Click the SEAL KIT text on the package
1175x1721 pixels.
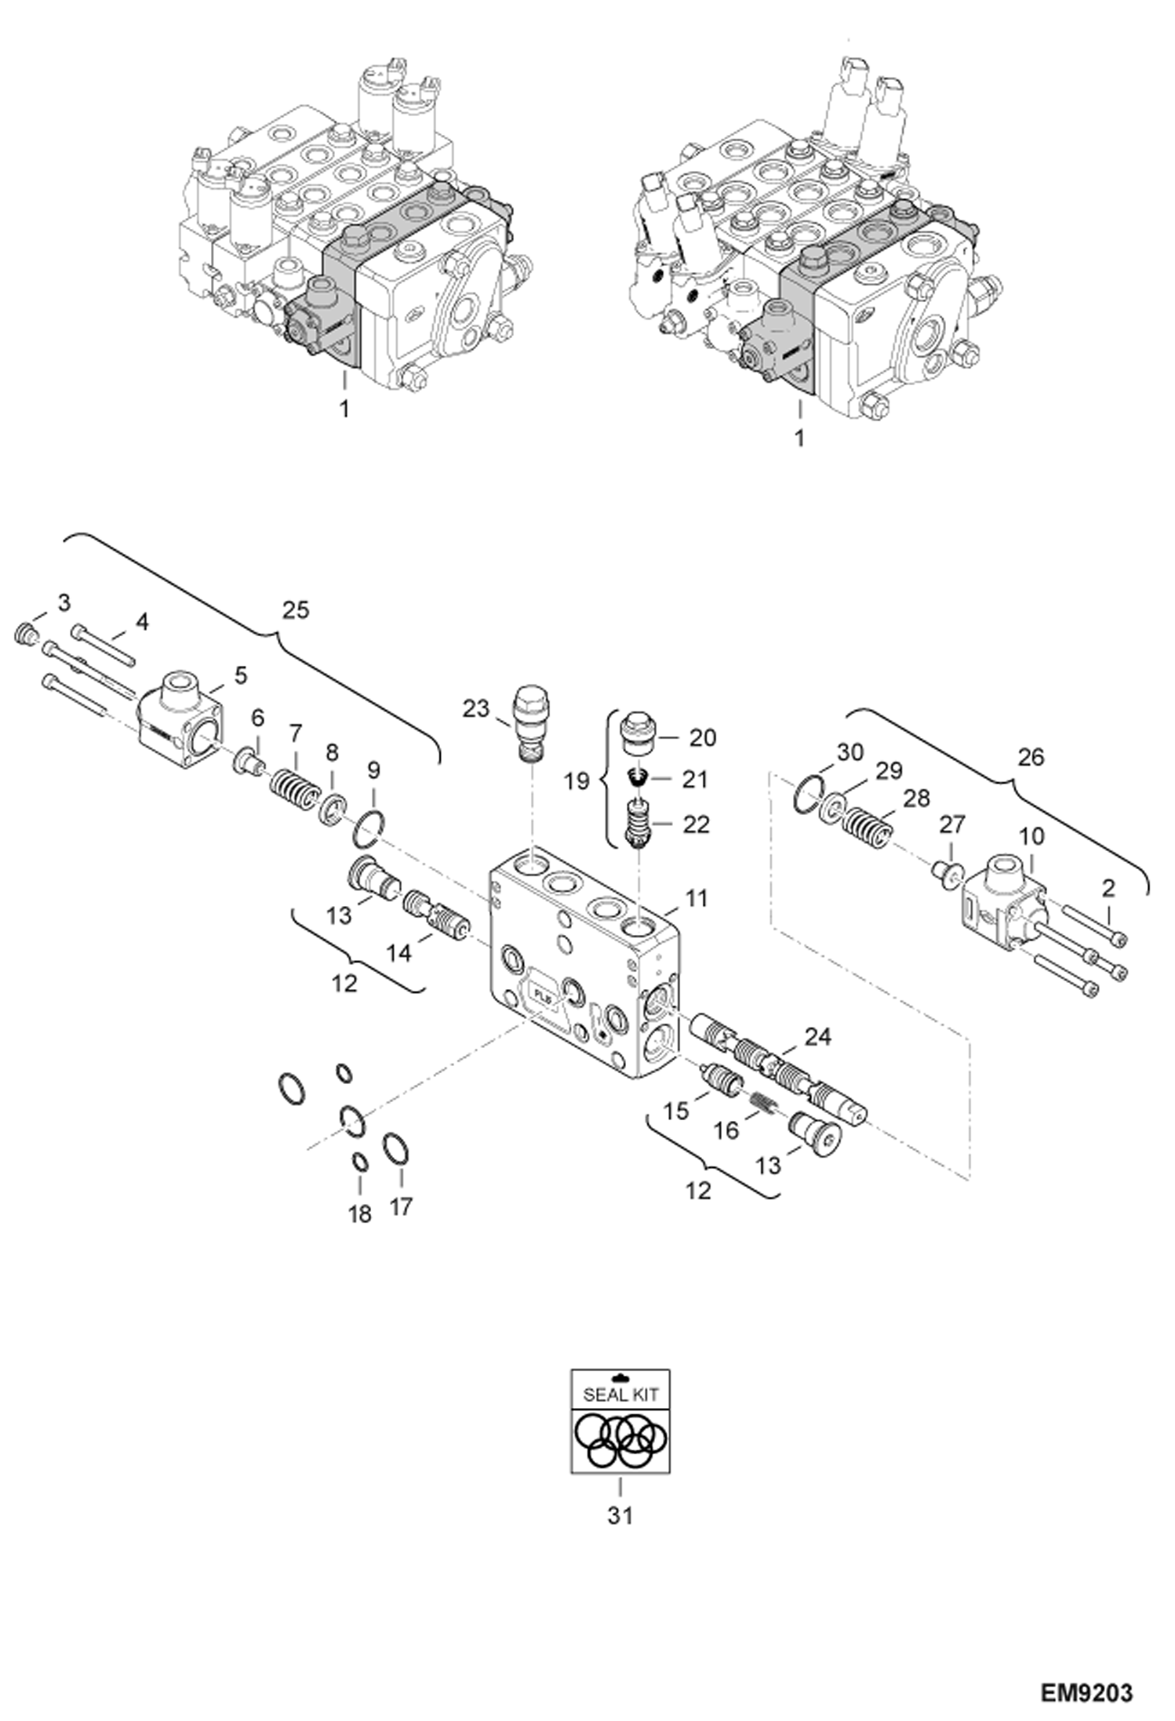[x=620, y=1395]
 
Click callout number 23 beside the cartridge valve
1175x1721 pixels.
[x=476, y=708]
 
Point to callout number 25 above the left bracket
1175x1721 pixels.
[x=296, y=609]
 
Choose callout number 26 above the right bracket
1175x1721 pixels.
[x=1031, y=757]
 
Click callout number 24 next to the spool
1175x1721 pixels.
[x=818, y=1037]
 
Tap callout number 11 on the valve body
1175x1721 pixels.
[x=697, y=898]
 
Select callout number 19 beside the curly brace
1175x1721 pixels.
[x=577, y=782]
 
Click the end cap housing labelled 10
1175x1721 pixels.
[x=1004, y=903]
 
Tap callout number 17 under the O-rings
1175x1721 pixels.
[x=401, y=1206]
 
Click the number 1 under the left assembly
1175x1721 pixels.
[x=344, y=409]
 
